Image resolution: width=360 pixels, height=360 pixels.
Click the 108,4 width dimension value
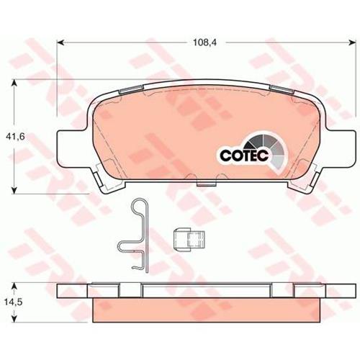point(204,42)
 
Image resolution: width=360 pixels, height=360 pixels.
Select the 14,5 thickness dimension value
point(13,302)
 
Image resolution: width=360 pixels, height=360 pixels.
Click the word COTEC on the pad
point(244,156)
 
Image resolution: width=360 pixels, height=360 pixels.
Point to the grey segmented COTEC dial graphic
point(268,149)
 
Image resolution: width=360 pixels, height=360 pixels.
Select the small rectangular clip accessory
point(189,240)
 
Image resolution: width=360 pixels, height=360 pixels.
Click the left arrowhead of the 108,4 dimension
point(60,42)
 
